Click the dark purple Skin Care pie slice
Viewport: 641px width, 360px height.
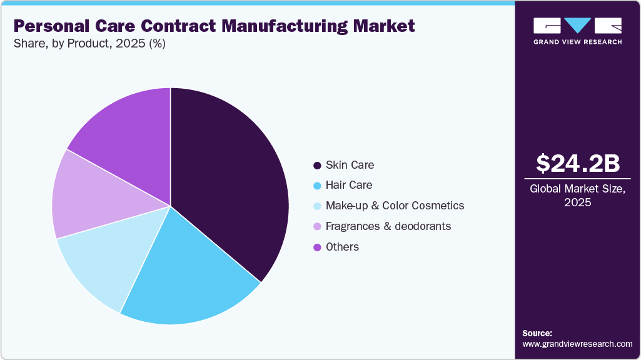pyautogui.click(x=231, y=181)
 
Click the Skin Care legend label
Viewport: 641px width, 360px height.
pyautogui.click(x=350, y=165)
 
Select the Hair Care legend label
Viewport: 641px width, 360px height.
pyautogui.click(x=349, y=185)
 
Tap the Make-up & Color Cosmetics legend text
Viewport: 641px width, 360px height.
pyautogui.click(x=395, y=206)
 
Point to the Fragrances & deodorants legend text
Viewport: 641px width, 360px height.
pyautogui.click(x=388, y=226)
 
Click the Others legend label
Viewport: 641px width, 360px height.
pyautogui.click(x=342, y=247)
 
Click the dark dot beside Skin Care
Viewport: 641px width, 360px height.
pyautogui.click(x=317, y=166)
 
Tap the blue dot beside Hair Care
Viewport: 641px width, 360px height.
pyautogui.click(x=317, y=186)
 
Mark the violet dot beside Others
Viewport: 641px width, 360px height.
pyautogui.click(x=317, y=247)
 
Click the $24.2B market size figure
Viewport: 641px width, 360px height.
pyautogui.click(x=578, y=163)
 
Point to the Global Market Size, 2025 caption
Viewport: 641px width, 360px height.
pyautogui.click(x=578, y=195)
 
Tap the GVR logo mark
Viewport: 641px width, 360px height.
pyautogui.click(x=577, y=26)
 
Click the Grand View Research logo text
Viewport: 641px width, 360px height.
pyautogui.click(x=577, y=42)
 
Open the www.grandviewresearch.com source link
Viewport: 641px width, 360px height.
pyautogui.click(x=577, y=344)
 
